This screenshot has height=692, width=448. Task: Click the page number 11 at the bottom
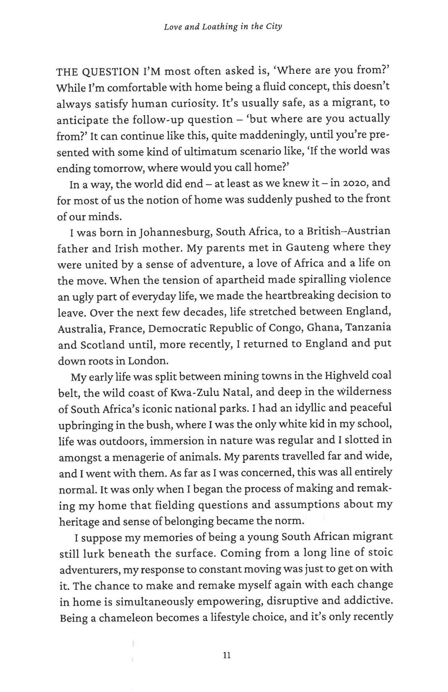coord(227,656)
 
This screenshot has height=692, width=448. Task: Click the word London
coord(148,361)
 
